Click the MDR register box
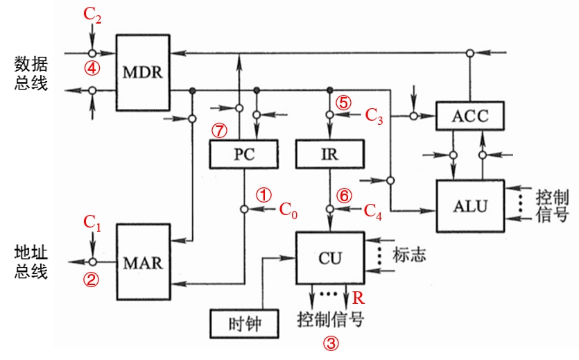(142, 72)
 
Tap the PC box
(243, 154)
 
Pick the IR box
(330, 154)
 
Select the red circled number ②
(92, 280)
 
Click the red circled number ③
(331, 342)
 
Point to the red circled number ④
(92, 68)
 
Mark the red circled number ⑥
(345, 195)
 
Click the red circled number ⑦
(220, 130)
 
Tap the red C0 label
(288, 209)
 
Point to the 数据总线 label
(31, 73)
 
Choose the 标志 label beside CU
(408, 254)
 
